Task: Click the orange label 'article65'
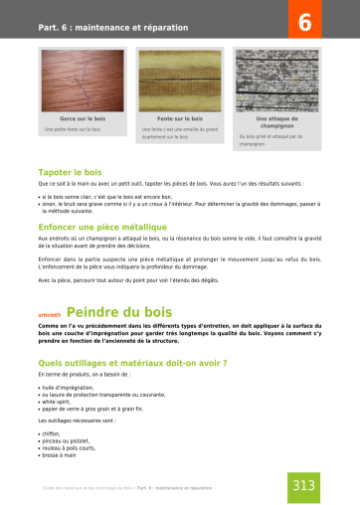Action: pos(50,313)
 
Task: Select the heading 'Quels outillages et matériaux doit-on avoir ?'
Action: pos(131,363)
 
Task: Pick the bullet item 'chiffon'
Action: pos(51,433)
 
